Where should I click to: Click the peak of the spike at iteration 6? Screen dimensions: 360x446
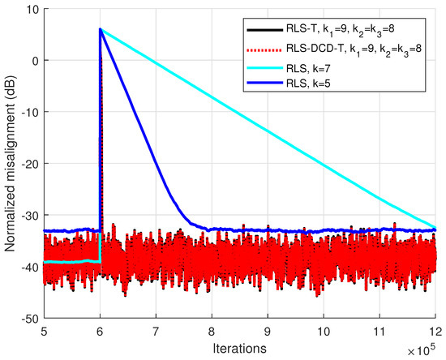[x=101, y=30]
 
